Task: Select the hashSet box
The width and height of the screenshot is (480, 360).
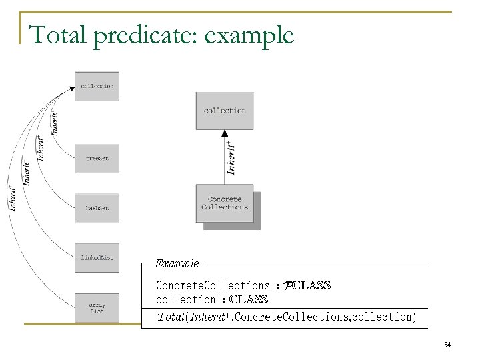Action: point(97,208)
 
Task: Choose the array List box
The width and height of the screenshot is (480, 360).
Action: point(97,307)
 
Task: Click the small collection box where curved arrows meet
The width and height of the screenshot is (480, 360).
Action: point(97,86)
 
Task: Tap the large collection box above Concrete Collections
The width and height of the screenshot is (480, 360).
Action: point(225,110)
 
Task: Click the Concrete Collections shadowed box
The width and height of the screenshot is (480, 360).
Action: point(225,203)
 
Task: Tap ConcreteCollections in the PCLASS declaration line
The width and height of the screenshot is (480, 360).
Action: point(213,285)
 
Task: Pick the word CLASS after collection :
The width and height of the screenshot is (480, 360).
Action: point(247,299)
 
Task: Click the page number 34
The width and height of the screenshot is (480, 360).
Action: point(447,344)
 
